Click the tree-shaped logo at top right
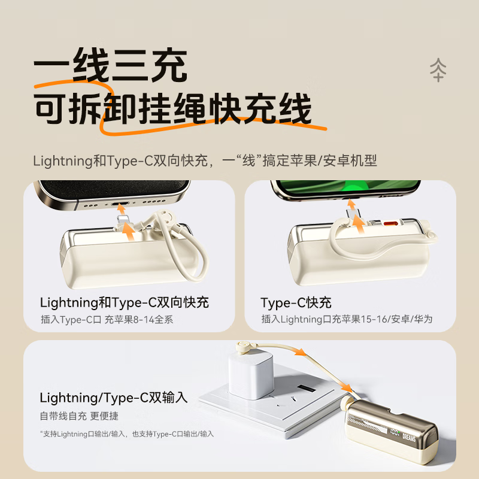click(438, 70)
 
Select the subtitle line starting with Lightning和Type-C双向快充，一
click(205, 160)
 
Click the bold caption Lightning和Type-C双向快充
click(125, 302)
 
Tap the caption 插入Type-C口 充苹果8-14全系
click(107, 320)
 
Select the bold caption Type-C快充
click(296, 302)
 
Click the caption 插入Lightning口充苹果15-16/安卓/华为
click(347, 320)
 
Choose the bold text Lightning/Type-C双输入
click(114, 398)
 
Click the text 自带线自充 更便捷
click(79, 416)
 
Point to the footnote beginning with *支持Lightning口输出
click(127, 433)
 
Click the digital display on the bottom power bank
click(394, 431)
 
